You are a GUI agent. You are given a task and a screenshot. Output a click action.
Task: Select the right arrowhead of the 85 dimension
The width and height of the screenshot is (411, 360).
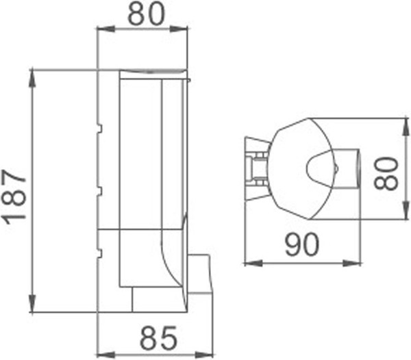[x=209, y=354]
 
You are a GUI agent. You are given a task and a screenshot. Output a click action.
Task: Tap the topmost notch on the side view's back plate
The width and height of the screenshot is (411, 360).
[x=100, y=127]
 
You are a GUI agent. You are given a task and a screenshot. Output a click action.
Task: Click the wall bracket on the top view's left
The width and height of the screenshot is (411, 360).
[x=256, y=168]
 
